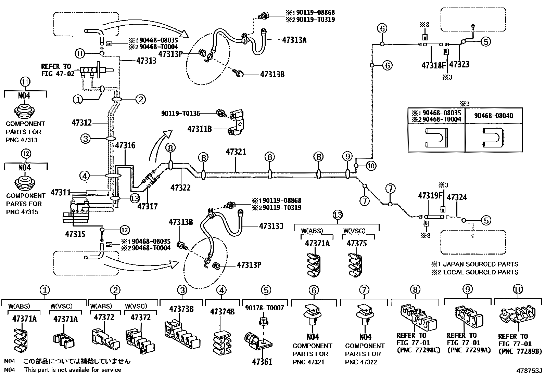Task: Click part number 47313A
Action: tap(294, 40)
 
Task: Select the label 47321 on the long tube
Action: tap(236, 152)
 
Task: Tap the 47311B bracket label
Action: tap(199, 129)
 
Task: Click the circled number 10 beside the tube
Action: tap(371, 166)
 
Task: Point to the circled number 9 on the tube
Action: tap(347, 157)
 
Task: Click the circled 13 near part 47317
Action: tap(135, 198)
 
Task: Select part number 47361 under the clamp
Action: tap(262, 361)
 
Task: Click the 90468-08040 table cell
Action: tap(494, 116)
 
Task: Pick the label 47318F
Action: tap(433, 65)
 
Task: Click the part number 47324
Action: tap(457, 197)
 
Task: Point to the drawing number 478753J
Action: tap(530, 371)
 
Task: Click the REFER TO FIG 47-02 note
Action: tap(58, 70)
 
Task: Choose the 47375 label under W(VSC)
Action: tap(356, 244)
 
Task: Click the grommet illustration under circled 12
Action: tap(26, 183)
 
